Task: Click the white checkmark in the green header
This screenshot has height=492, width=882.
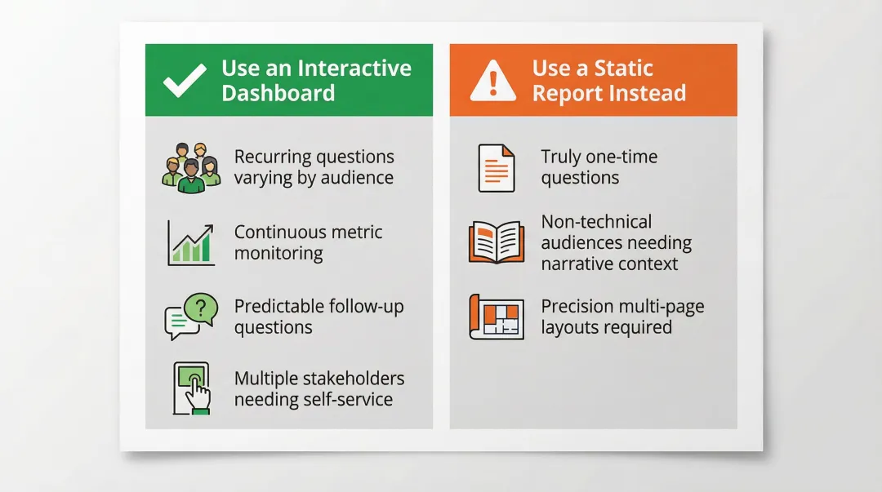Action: point(184,82)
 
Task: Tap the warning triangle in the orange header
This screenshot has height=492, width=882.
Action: point(492,82)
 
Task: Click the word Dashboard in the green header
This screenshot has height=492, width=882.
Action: point(278,93)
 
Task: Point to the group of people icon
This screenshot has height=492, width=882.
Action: point(191,168)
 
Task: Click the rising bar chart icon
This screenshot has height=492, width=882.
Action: point(191,243)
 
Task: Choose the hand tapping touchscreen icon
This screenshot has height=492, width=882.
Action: point(191,388)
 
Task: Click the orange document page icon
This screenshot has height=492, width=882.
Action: point(496,168)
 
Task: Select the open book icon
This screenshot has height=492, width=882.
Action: point(496,242)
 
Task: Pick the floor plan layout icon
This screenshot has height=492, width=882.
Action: point(496,317)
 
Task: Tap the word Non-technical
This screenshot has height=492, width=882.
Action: point(596,222)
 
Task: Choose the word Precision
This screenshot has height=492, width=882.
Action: point(578,307)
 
